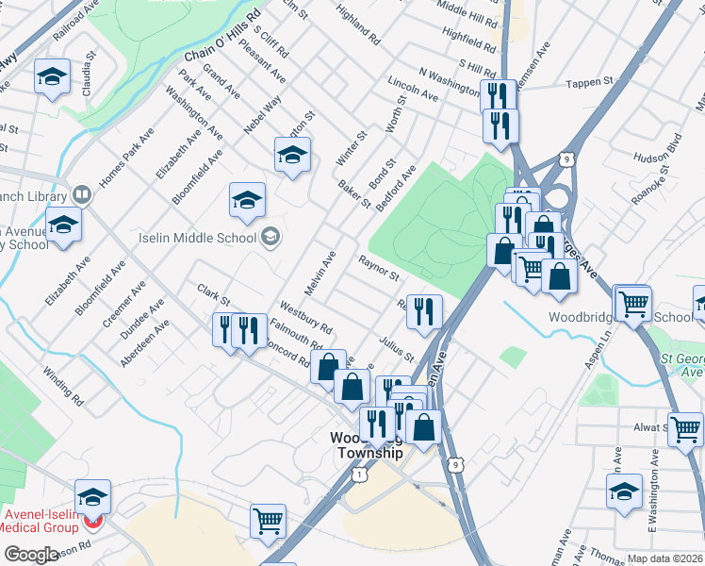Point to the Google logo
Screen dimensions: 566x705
click(30, 555)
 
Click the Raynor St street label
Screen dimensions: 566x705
click(379, 267)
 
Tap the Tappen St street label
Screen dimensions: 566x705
click(590, 83)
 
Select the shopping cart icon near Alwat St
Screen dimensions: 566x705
click(685, 428)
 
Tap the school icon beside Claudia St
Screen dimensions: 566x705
click(52, 77)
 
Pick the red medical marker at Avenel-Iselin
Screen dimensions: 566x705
click(92, 521)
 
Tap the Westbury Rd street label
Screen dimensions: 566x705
click(306, 318)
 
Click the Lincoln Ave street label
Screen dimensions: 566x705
click(413, 90)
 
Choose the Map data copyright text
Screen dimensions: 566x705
click(665, 558)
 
